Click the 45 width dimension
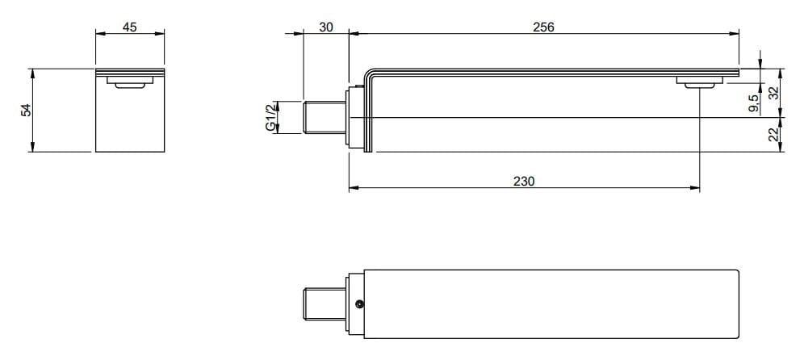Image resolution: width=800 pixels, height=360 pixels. (x=129, y=27)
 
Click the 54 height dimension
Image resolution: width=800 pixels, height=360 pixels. (x=26, y=110)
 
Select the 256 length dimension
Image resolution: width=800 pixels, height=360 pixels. (x=543, y=27)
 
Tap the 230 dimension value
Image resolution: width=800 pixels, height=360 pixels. (x=524, y=182)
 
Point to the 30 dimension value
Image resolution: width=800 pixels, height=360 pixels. (x=326, y=27)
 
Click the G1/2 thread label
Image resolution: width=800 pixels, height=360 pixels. (x=271, y=118)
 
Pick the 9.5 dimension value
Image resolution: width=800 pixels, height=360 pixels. (x=753, y=103)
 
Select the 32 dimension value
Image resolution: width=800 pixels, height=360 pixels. (x=773, y=93)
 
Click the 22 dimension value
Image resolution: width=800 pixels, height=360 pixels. (x=773, y=135)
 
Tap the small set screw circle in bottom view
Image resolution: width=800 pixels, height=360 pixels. (x=359, y=304)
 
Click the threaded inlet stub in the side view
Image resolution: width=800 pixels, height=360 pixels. (x=325, y=119)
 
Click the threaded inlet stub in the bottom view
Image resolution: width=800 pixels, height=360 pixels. (x=325, y=304)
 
